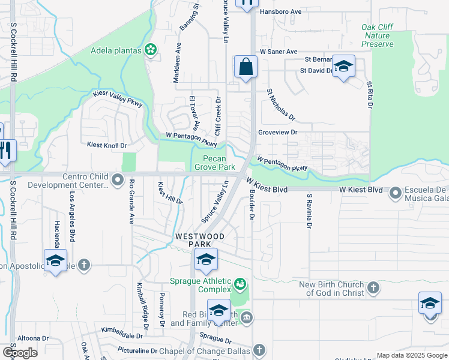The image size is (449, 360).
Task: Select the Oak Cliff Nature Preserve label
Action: click(378, 35)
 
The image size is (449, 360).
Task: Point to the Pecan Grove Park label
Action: click(214, 163)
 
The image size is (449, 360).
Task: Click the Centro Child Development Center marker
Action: click(118, 179)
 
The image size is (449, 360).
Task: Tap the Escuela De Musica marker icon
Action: click(396, 193)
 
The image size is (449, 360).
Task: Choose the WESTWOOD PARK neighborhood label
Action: click(200, 241)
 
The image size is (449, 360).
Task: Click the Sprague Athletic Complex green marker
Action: click(240, 283)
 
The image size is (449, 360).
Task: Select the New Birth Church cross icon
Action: click(373, 289)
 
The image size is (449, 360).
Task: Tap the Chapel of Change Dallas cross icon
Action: click(259, 350)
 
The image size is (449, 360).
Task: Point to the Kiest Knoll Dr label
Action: click(107, 145)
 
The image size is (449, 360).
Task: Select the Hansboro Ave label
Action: click(280, 11)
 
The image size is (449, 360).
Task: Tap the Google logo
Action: click(20, 353)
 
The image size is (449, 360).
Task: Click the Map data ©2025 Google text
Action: click(411, 355)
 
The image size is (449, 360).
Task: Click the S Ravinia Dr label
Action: click(309, 211)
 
